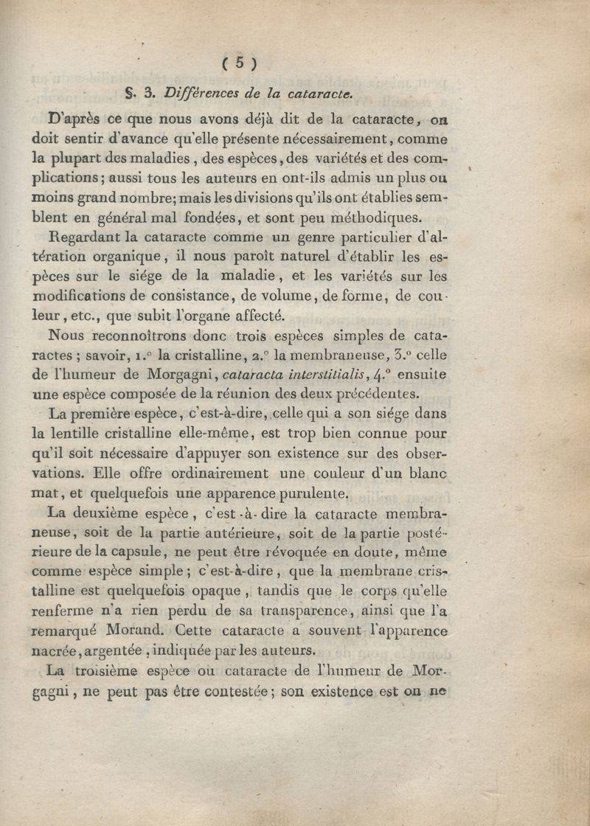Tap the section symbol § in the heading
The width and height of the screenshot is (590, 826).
tap(132, 93)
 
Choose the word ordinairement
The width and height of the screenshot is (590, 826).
tap(199, 474)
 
